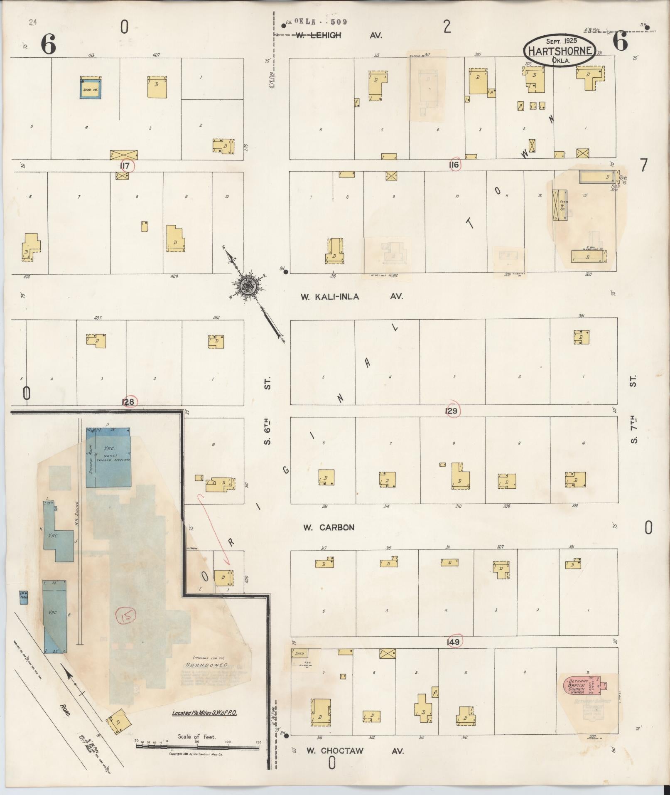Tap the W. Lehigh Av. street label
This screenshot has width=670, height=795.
339,36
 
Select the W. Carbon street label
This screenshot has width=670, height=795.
329,527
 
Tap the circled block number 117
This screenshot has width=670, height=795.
125,166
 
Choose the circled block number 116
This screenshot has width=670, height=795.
454,165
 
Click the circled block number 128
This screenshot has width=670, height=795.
128,402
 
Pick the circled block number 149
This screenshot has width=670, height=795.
453,642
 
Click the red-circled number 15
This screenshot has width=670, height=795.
123,616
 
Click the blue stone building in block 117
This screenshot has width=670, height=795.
91,87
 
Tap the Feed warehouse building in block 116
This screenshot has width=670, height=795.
560,204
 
